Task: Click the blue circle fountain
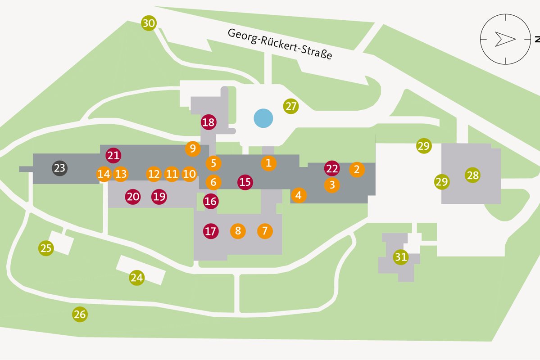pyautogui.click(x=263, y=118)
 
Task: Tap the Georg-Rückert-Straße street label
pyautogui.click(x=280, y=44)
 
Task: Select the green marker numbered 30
pyautogui.click(x=149, y=23)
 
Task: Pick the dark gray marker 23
pyautogui.click(x=59, y=168)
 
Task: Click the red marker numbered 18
pyautogui.click(x=209, y=122)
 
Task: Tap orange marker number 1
pyautogui.click(x=268, y=163)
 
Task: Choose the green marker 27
pyautogui.click(x=291, y=107)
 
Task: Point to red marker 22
pyautogui.click(x=332, y=169)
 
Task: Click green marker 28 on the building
pyautogui.click(x=473, y=175)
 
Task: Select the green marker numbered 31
pyautogui.click(x=400, y=257)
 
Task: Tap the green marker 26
pyautogui.click(x=80, y=314)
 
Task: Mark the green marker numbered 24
pyautogui.click(x=136, y=278)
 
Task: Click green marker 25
pyautogui.click(x=45, y=248)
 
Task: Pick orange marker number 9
pyautogui.click(x=192, y=148)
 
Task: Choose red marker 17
pyautogui.click(x=210, y=231)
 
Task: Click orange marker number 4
pyautogui.click(x=298, y=195)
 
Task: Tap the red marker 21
pyautogui.click(x=113, y=156)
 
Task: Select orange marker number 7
pyautogui.click(x=265, y=231)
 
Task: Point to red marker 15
pyautogui.click(x=245, y=182)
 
